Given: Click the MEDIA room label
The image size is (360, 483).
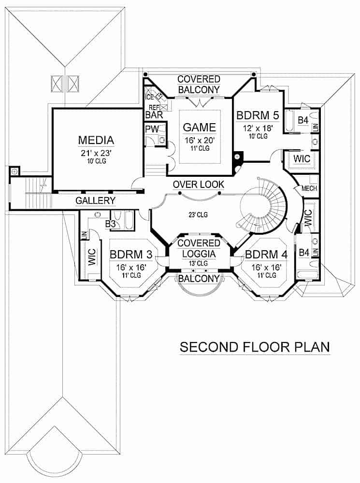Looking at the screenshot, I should tap(96, 141).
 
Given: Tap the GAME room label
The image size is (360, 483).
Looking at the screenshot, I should tap(199, 128).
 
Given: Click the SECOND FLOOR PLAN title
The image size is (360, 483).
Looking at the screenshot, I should tap(255, 347).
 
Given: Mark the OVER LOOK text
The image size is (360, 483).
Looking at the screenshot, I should tap(199, 185).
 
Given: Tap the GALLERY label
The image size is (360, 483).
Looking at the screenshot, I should tap(95, 201).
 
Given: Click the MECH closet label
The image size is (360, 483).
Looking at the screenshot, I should tap(309, 188).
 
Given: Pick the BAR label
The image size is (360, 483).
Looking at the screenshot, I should tap(154, 115).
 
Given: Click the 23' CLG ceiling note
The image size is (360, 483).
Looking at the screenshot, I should tap(199, 214).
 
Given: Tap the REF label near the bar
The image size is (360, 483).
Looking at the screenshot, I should tap(154, 107).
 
